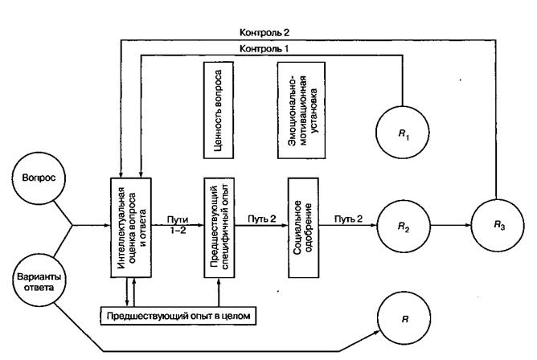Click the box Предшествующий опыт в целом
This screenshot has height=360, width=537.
click(178, 316)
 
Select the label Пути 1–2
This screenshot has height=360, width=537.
click(177, 222)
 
